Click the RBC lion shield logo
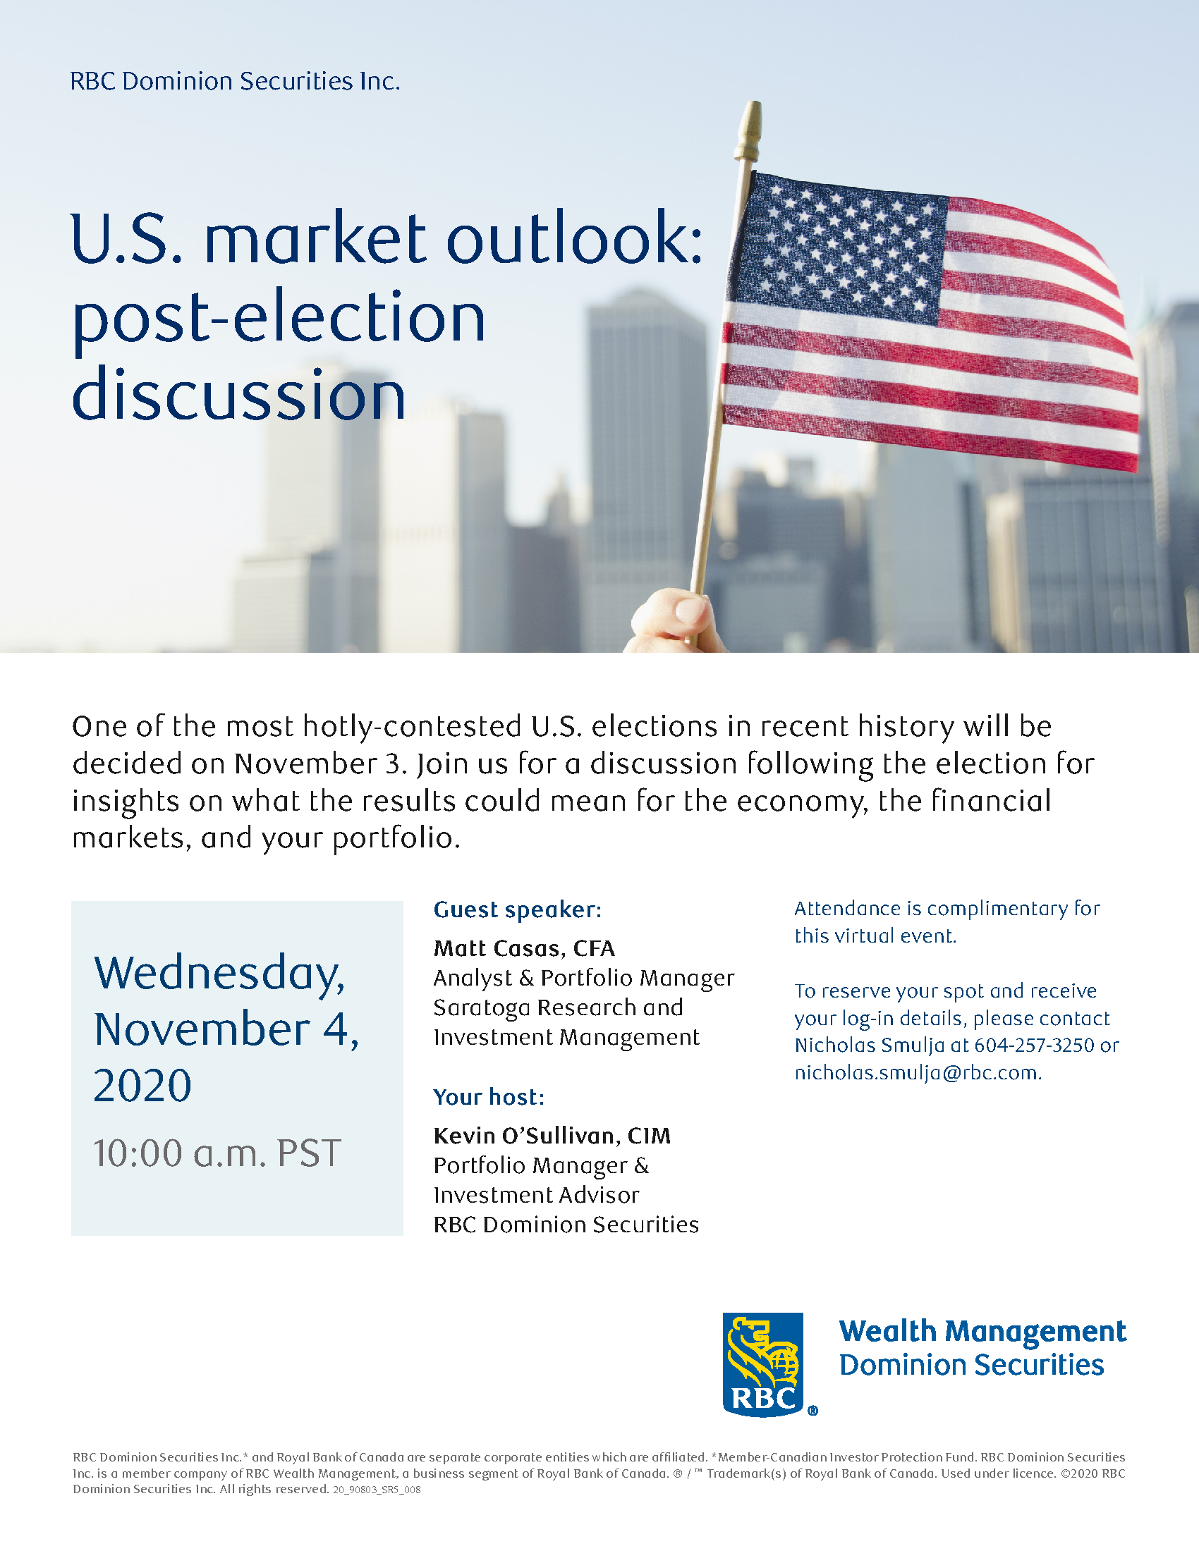click(764, 1364)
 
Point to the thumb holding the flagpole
click(686, 608)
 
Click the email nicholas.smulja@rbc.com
click(918, 1072)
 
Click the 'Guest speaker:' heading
click(518, 909)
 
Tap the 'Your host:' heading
click(489, 1097)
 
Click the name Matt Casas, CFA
click(524, 948)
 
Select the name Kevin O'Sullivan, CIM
click(552, 1136)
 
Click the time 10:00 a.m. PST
click(217, 1153)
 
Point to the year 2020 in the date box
click(142, 1086)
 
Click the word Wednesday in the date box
click(219, 974)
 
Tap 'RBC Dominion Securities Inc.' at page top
click(235, 82)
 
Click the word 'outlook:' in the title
click(574, 237)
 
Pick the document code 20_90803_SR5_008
click(377, 1490)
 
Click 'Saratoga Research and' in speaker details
click(559, 1007)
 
